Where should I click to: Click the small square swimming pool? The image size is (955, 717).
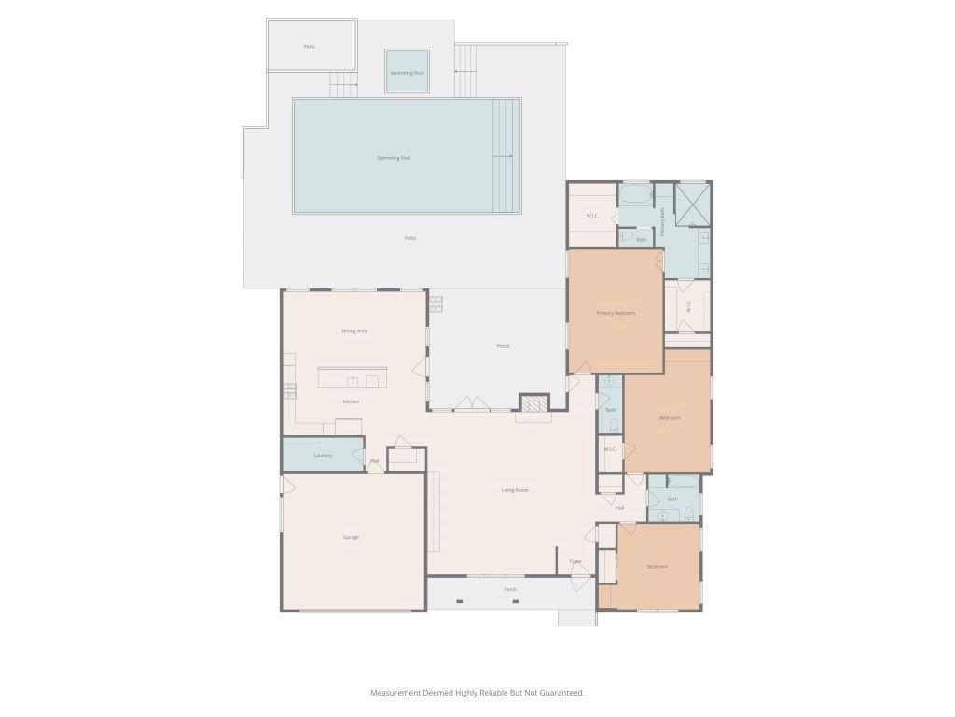407,72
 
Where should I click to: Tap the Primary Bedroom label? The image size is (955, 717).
616,313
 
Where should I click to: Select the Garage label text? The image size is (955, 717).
351,537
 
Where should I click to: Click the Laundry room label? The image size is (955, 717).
323,456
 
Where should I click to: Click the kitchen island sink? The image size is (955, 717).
353,381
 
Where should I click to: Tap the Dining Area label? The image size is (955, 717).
354,330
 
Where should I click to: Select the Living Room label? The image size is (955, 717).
515,490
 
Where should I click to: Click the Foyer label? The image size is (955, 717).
575,561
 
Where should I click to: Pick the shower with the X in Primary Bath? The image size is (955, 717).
692,204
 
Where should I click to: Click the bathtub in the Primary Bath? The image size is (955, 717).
636,195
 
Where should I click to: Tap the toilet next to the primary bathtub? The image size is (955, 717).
627,236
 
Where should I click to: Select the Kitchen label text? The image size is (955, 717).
351,401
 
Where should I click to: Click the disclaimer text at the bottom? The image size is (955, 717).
477,693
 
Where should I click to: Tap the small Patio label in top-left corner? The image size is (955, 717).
309,46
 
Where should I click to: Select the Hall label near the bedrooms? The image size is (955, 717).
619,508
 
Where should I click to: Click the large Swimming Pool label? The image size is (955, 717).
394,158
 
